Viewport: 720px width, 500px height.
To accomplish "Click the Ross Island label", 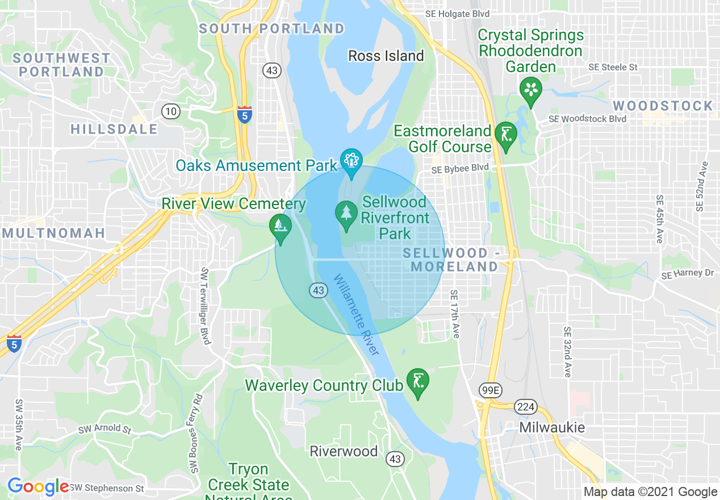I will tap(386, 56).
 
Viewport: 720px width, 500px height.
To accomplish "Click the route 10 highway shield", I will tap(171, 111).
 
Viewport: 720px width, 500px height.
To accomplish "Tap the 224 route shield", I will tap(525, 406).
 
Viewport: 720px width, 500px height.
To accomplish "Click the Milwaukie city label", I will tap(552, 427).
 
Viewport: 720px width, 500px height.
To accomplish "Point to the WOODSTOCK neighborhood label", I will tap(663, 106).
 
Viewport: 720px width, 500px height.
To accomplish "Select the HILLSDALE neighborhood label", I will tap(114, 129).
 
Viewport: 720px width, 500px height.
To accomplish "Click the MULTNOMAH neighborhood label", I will tap(53, 232).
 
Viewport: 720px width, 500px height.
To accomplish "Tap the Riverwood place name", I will tap(344, 451).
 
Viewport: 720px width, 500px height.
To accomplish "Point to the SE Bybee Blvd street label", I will tap(459, 169).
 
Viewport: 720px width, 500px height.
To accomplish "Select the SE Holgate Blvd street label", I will tap(457, 13).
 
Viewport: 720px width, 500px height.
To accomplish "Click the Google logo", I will tap(37, 486).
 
